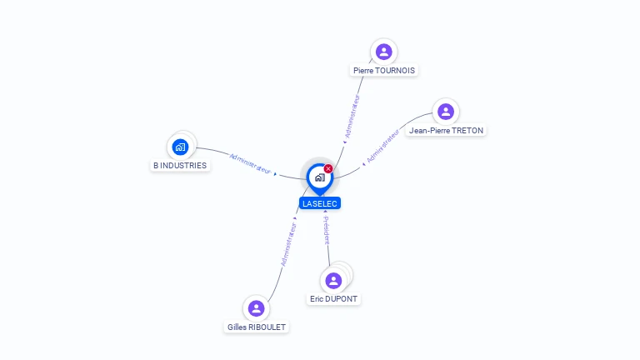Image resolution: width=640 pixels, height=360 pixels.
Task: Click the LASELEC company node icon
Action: (319, 177)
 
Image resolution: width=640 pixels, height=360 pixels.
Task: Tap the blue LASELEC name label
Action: (320, 203)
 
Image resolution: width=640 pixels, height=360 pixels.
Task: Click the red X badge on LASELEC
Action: (328, 169)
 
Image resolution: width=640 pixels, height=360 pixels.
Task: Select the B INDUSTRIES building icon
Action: (180, 147)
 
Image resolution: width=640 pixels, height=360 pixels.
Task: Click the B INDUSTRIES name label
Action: (180, 166)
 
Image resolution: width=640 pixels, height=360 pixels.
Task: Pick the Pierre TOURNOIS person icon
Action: (383, 52)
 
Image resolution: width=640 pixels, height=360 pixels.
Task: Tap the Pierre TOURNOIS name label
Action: (383, 71)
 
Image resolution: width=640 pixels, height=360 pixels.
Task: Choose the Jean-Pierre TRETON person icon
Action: (446, 111)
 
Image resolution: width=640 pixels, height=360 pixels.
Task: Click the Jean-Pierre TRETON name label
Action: (446, 131)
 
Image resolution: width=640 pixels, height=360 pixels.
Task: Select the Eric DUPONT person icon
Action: (334, 280)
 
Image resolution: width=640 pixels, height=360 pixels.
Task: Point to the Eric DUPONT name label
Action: (335, 298)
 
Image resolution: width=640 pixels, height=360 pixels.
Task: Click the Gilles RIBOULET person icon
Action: (256, 308)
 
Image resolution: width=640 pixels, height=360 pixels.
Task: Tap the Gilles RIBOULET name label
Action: (257, 327)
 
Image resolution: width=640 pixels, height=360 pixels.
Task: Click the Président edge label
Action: (327, 231)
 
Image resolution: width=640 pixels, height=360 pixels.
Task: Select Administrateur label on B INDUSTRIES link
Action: (250, 163)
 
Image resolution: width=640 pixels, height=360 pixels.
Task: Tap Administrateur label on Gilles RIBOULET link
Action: (288, 244)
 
